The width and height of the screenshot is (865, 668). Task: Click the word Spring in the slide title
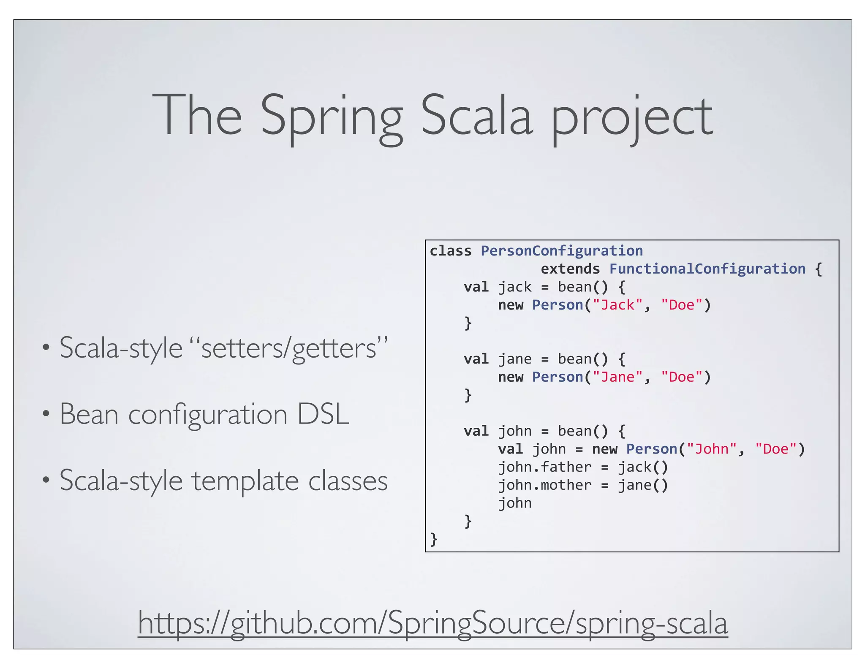332,116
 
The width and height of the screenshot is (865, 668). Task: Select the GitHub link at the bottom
433,623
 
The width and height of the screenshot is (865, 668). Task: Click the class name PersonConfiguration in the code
562,251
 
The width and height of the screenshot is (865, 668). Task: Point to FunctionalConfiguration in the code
707,269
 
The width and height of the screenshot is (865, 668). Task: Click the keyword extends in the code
570,269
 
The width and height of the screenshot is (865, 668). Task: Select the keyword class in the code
451,251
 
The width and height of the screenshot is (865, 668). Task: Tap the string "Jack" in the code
617,305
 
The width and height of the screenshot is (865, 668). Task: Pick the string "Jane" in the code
617,377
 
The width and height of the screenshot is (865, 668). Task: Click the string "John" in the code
712,449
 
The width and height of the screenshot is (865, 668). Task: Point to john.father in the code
545,467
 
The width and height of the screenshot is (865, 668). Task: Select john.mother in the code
545,485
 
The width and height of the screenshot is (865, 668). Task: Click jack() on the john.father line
643,467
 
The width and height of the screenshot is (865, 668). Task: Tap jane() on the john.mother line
643,485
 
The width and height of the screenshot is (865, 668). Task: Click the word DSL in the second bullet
323,414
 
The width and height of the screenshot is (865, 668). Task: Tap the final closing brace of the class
434,539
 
